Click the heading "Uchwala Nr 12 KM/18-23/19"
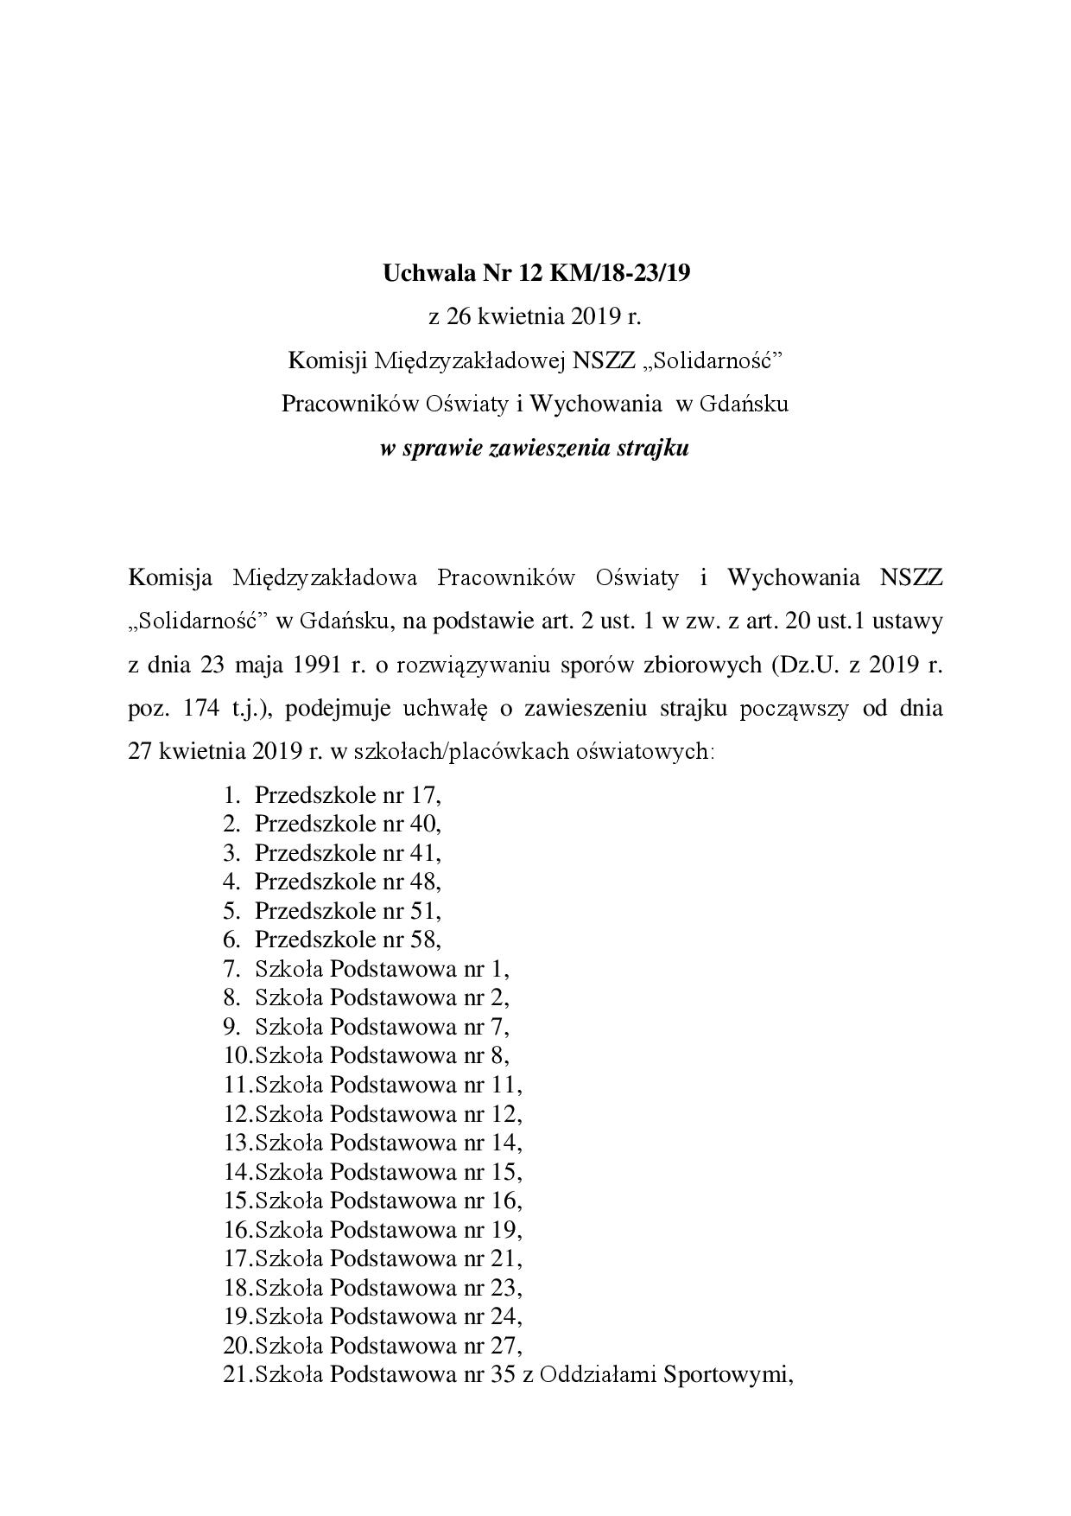(536, 274)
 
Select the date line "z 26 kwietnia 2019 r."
(535, 316)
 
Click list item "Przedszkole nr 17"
(347, 795)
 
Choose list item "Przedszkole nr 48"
(347, 882)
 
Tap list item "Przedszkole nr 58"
(347, 940)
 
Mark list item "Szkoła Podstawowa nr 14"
(389, 1143)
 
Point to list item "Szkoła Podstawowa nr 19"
(389, 1229)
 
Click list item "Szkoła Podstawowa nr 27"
(389, 1345)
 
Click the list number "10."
(238, 1055)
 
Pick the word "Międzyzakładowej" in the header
(469, 360)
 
